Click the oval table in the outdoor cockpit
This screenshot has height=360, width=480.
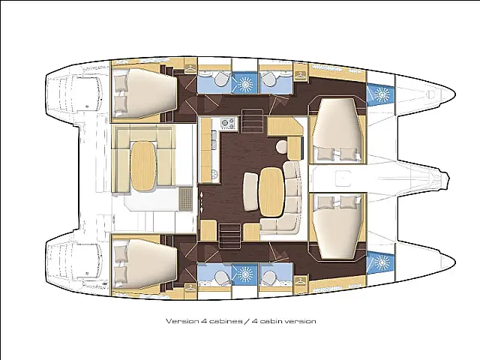pos(143,166)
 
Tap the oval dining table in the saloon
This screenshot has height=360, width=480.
pos(271,192)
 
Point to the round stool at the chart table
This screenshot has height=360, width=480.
pos(281,147)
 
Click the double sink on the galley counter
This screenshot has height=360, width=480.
pos(214,139)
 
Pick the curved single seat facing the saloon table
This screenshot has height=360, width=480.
pos(251,192)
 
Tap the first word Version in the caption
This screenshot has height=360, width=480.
pos(181,321)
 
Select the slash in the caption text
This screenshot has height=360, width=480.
pos(247,321)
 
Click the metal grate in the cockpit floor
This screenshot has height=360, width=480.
pos(185,199)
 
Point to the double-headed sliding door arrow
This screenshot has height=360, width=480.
pos(202,202)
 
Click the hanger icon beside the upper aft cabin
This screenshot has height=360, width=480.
pos(190,69)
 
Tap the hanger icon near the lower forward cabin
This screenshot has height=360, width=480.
pos(301,280)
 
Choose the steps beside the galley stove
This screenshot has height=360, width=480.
pos(253,120)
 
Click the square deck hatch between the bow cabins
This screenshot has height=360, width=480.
pos(343,178)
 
